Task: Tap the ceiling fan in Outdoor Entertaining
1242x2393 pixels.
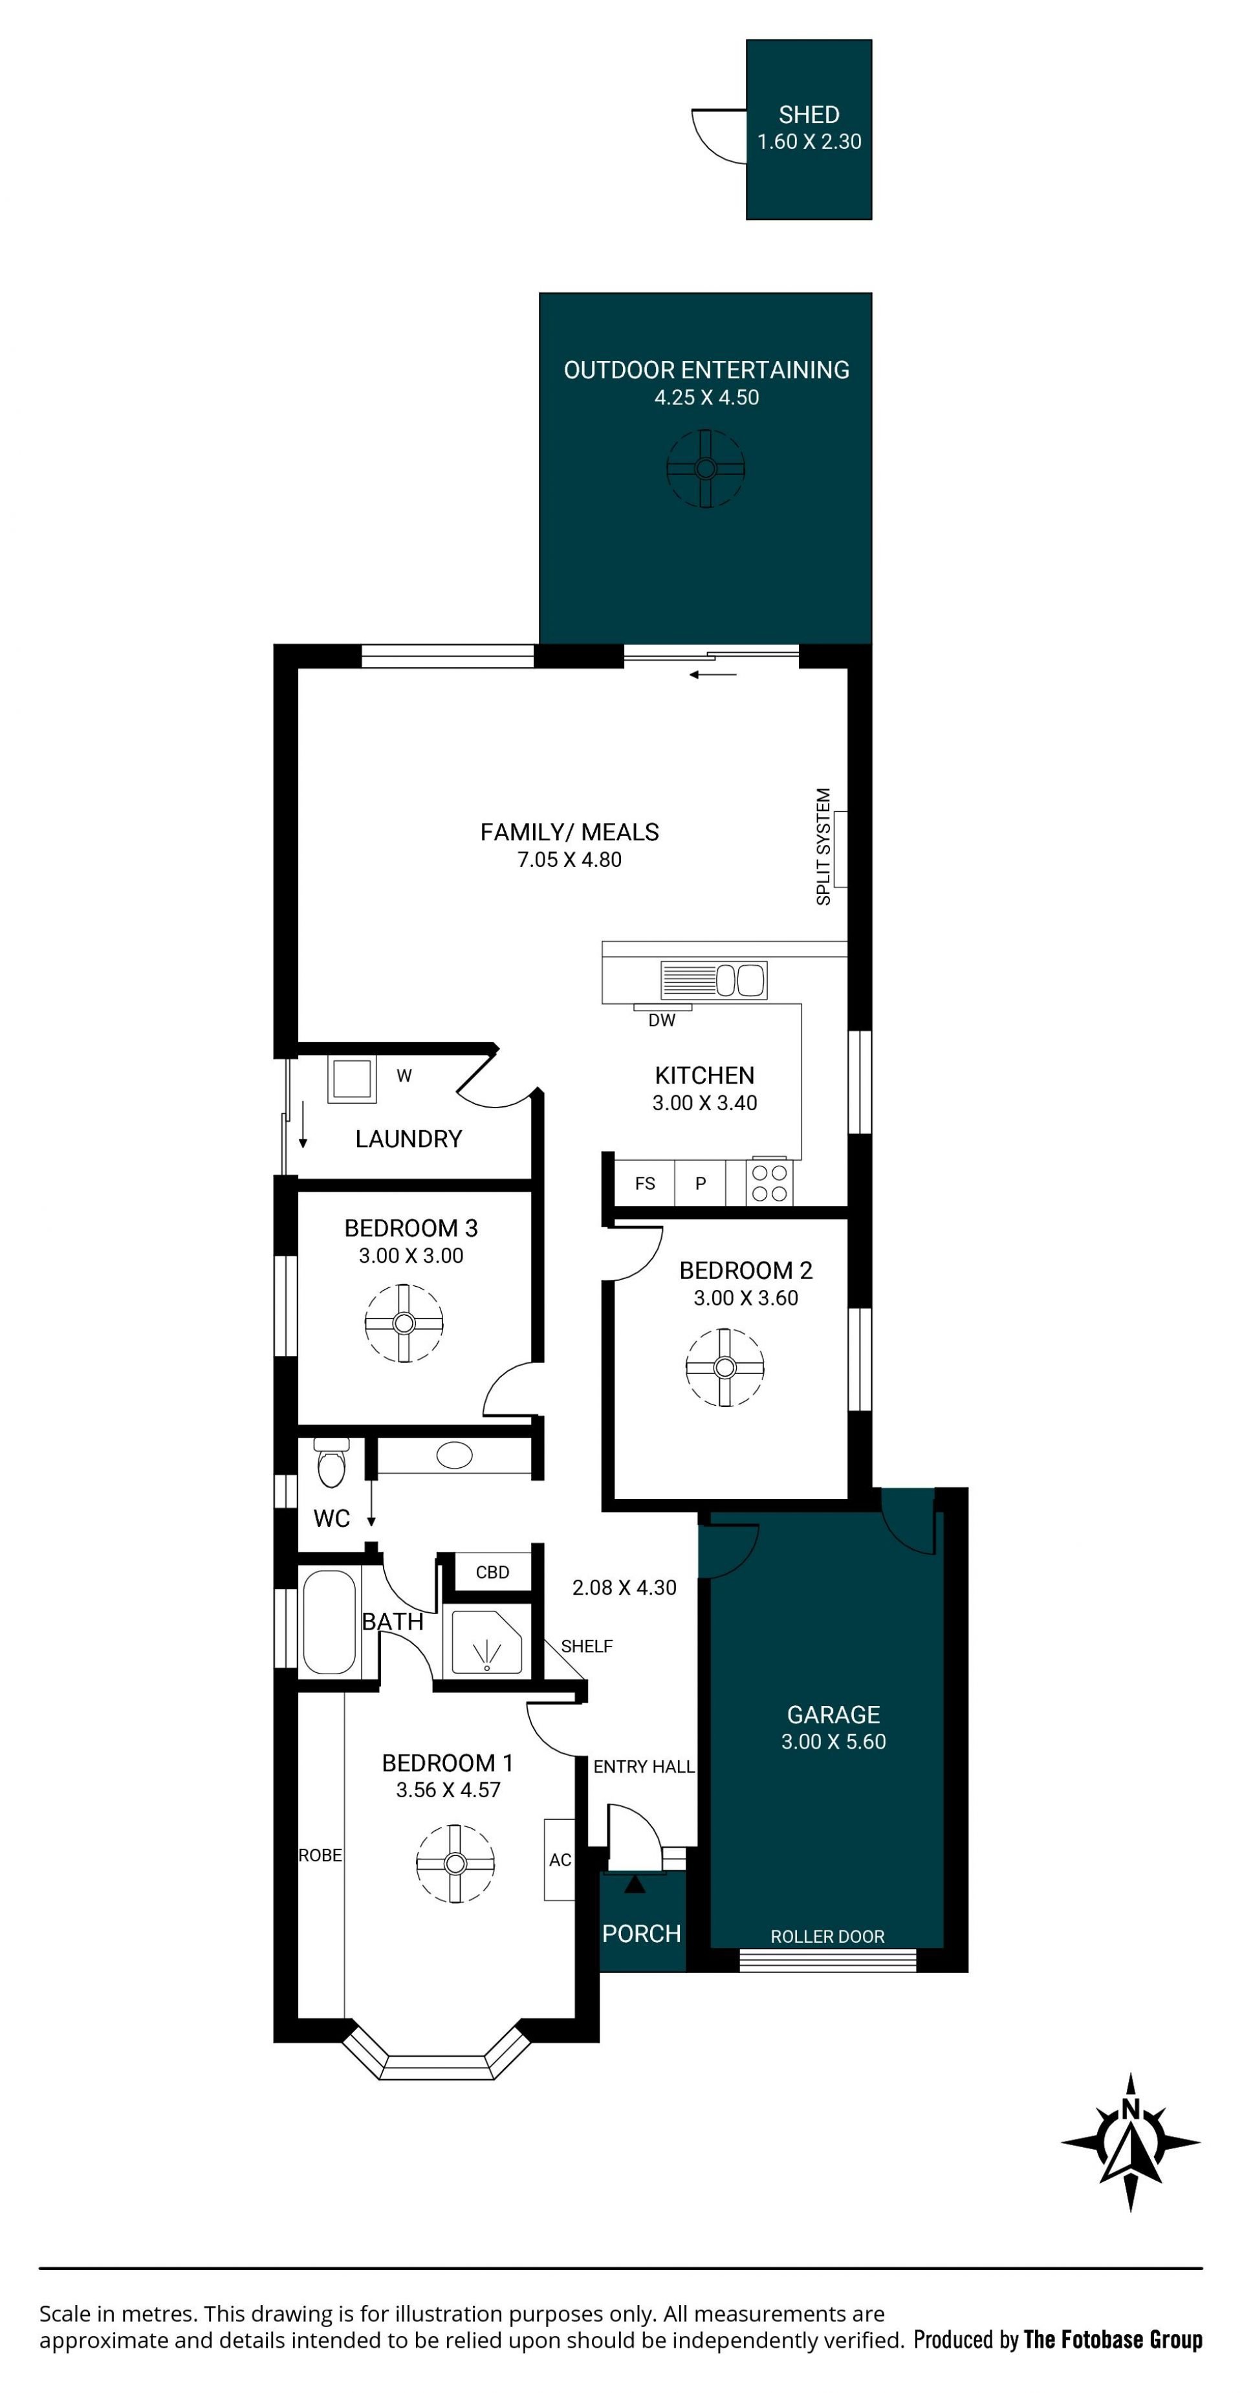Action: point(706,468)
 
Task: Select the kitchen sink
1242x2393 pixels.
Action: point(714,980)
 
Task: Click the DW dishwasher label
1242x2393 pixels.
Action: point(661,1020)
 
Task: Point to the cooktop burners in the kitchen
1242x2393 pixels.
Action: point(769,1183)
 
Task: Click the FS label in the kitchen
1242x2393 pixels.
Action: point(645,1183)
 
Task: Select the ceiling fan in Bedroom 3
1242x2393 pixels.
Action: point(404,1323)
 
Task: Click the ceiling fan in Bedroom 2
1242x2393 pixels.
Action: point(724,1368)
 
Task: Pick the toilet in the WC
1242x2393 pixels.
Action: point(331,1463)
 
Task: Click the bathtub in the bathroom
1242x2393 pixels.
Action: point(330,1622)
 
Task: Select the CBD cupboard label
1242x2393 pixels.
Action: point(492,1572)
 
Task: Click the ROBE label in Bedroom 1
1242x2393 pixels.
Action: point(320,1855)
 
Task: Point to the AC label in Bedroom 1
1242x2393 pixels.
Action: point(560,1860)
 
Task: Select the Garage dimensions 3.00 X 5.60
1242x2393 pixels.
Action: point(833,1741)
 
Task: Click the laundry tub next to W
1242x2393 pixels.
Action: point(352,1080)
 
